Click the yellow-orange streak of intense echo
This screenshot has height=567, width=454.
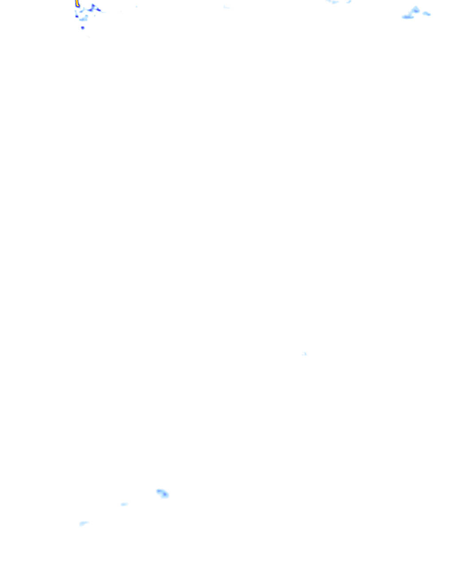[77, 4]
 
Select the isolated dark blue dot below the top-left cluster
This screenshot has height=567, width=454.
[82, 28]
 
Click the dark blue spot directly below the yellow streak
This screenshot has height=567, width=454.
[77, 16]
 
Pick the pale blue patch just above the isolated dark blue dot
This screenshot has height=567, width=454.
[84, 19]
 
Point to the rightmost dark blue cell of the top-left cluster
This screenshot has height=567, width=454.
[98, 10]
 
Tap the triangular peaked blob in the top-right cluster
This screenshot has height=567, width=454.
[415, 9]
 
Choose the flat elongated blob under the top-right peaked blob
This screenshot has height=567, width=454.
[407, 17]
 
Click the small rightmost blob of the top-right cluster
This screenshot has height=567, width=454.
[427, 14]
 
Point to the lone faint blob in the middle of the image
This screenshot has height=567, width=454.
[305, 354]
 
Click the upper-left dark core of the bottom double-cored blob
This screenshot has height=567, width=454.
[159, 491]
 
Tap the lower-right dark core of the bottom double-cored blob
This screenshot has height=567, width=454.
[165, 495]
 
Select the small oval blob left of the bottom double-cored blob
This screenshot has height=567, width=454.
[124, 504]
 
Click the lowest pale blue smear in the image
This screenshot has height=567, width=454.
[83, 524]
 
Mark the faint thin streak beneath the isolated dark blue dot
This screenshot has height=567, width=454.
[88, 36]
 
